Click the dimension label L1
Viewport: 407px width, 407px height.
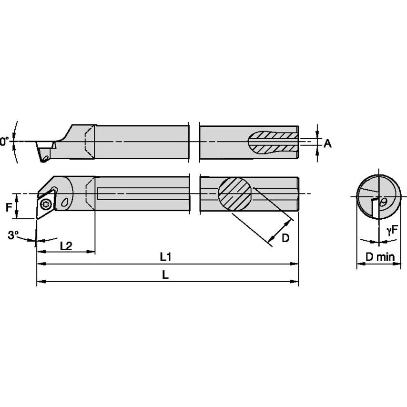[165, 256]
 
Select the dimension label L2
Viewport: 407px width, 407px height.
[66, 245]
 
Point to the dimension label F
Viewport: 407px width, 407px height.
[8, 207]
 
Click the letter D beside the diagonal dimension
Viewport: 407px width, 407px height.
[285, 238]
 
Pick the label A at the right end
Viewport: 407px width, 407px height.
[327, 143]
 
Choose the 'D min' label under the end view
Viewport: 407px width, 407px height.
[380, 257]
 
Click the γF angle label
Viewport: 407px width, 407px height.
[392, 231]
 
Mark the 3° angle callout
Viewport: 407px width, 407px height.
[14, 234]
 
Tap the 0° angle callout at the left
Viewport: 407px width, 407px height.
[4, 141]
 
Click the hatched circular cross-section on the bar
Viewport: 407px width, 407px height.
[234, 193]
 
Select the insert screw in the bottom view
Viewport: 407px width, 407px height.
[46, 204]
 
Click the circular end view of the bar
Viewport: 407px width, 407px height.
[379, 196]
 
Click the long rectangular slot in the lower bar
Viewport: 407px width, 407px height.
[143, 194]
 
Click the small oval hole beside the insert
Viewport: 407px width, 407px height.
[65, 203]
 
